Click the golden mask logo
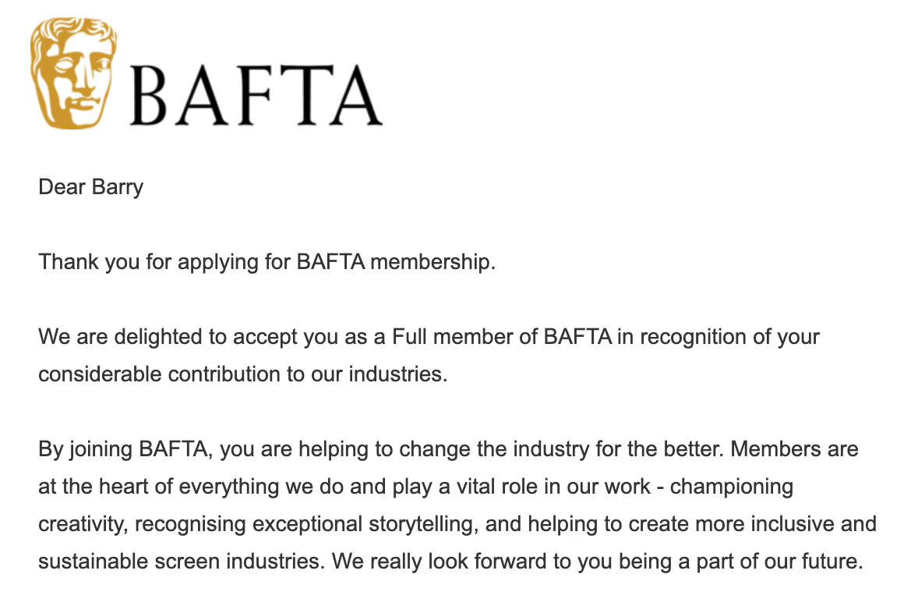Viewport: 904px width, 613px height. (x=73, y=73)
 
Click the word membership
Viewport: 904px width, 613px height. (x=433, y=262)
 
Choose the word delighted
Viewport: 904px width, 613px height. (x=152, y=338)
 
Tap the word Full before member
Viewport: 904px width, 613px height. (x=411, y=338)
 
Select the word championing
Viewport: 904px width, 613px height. (x=731, y=487)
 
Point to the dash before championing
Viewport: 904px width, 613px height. (x=660, y=487)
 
